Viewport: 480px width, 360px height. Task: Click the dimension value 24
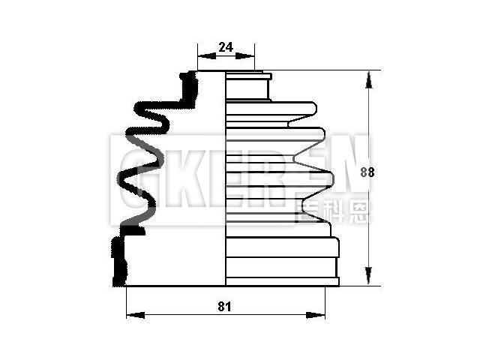click(225, 47)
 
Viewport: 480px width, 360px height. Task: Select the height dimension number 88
click(367, 172)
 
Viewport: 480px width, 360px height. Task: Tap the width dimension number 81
click(224, 306)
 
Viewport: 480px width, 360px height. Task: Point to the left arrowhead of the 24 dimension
click(201, 55)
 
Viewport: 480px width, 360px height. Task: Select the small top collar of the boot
click(247, 85)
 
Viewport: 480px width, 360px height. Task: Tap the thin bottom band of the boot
click(282, 282)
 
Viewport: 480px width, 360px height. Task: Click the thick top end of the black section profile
click(189, 88)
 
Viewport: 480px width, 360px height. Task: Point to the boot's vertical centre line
click(226, 180)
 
